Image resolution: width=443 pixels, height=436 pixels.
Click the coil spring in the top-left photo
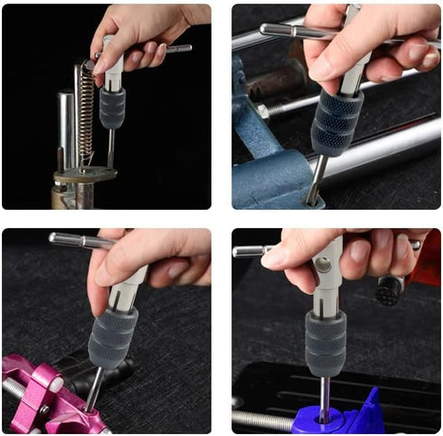click(86, 113)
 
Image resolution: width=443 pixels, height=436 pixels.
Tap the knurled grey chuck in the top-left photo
click(112, 108)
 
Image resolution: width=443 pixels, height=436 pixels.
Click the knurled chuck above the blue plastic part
click(325, 343)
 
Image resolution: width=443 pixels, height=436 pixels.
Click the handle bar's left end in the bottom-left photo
click(55, 239)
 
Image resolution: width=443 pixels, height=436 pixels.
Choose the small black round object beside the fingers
click(388, 289)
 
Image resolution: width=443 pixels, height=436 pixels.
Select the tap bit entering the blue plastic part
click(325, 398)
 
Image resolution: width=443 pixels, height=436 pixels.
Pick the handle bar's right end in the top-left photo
click(181, 48)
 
